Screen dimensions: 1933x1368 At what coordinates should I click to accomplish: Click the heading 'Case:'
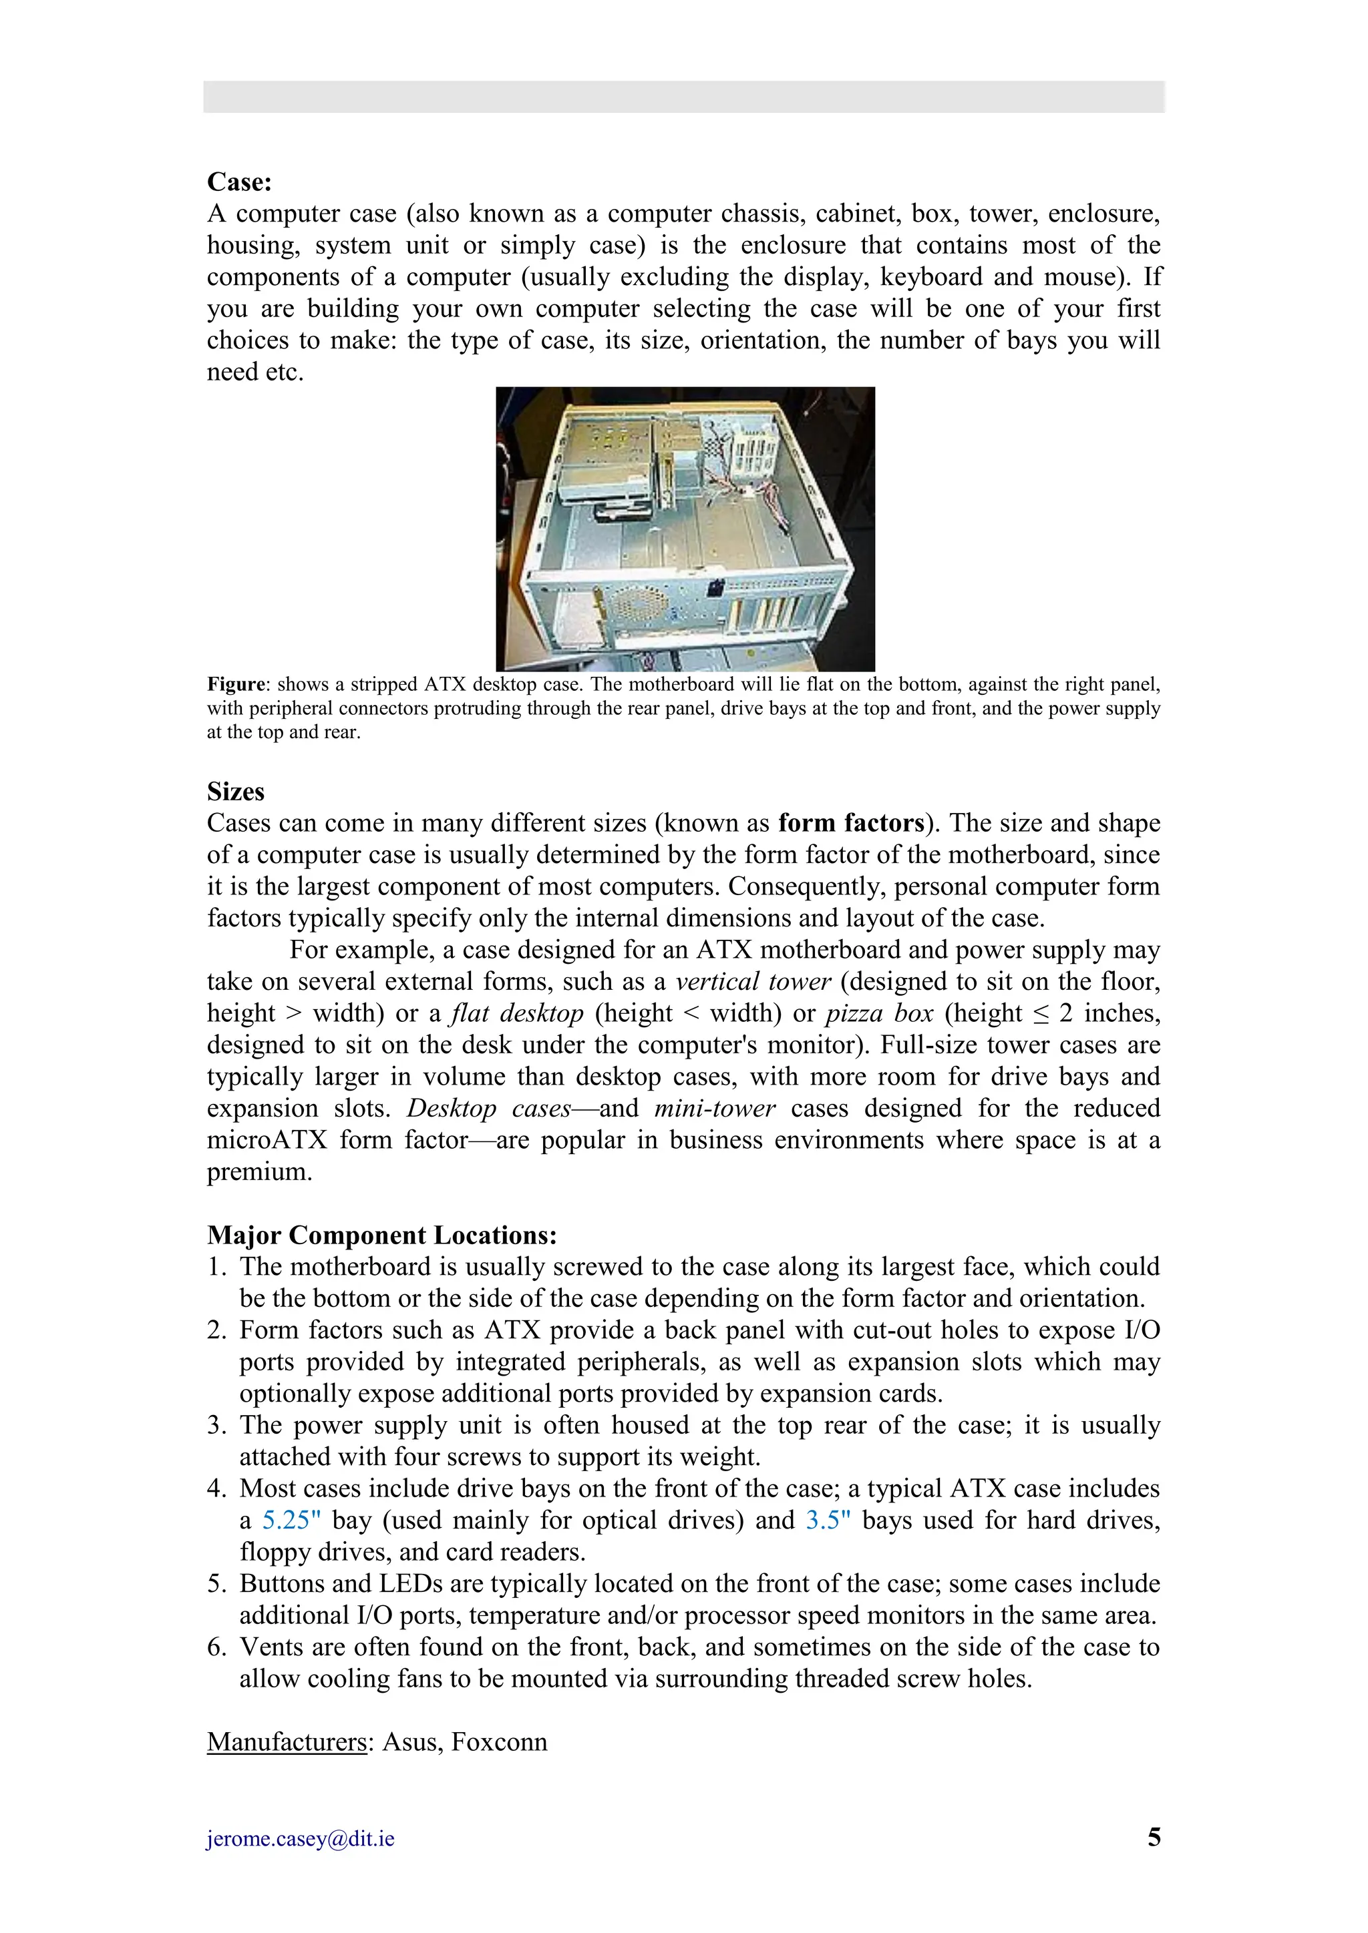click(x=239, y=182)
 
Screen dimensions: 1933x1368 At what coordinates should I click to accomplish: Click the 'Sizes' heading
click(x=236, y=792)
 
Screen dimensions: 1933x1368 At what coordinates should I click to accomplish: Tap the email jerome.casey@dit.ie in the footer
click(x=301, y=1839)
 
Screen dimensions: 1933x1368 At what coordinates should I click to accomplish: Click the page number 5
click(x=1153, y=1837)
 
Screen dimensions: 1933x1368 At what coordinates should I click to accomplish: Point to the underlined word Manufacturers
click(x=287, y=1742)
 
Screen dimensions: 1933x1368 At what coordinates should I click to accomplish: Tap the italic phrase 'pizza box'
click(x=878, y=1014)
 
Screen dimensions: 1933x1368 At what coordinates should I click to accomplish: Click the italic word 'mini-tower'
click(x=714, y=1109)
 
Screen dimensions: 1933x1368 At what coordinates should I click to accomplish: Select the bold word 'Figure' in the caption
click(x=236, y=684)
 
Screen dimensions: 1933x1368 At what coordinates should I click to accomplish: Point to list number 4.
click(x=216, y=1489)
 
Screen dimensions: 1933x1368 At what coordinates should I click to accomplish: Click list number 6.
click(x=216, y=1647)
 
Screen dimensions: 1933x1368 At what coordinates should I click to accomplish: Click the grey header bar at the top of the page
click(x=683, y=97)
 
